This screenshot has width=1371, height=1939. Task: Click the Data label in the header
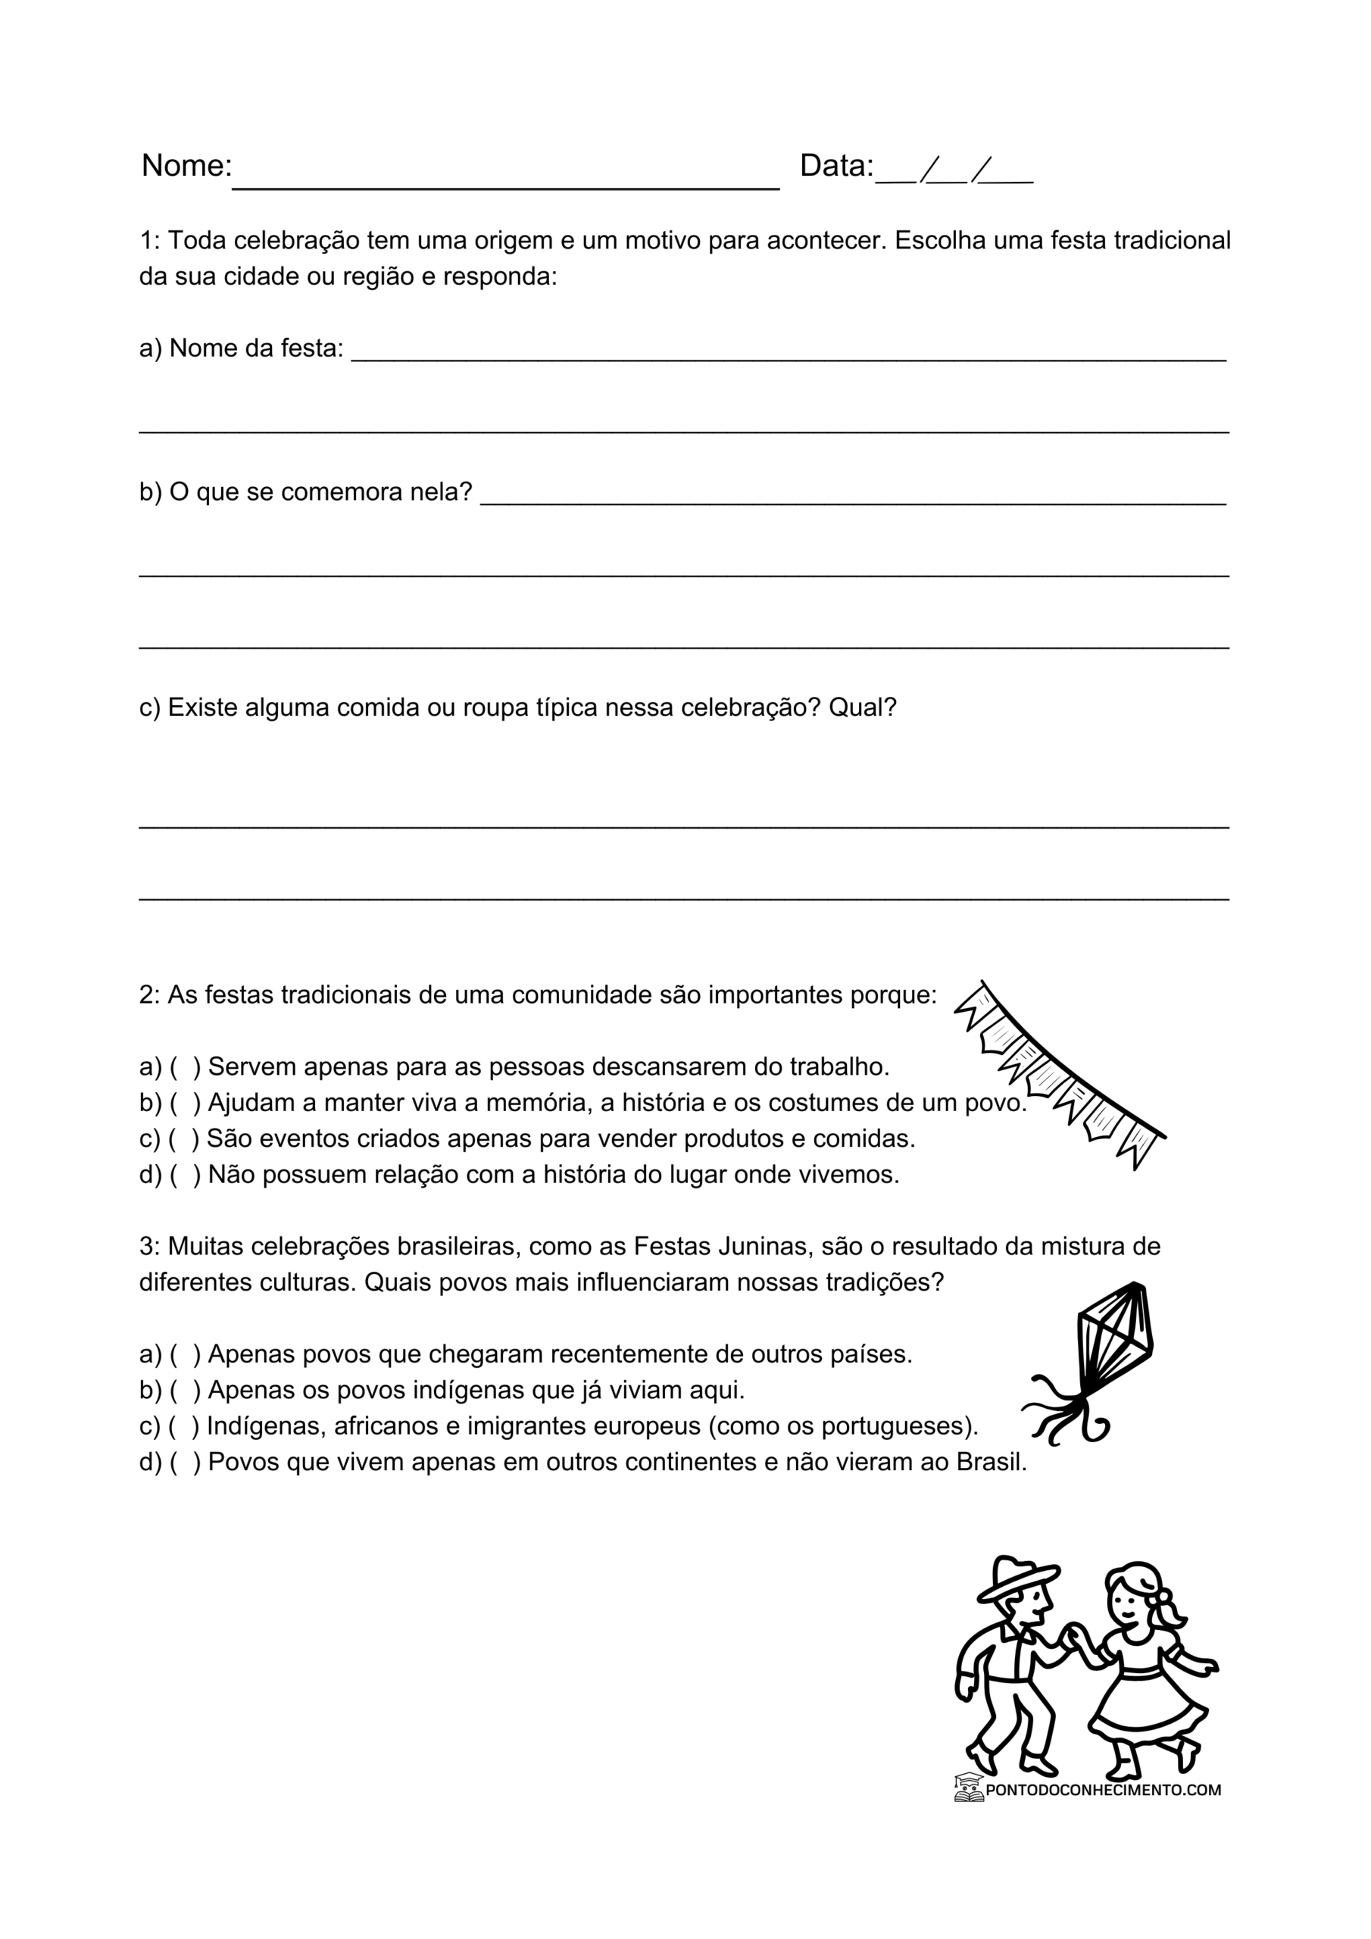[835, 166]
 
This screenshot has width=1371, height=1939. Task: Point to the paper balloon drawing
[1098, 1360]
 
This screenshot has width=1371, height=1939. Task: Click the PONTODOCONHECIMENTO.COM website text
[1102, 1790]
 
